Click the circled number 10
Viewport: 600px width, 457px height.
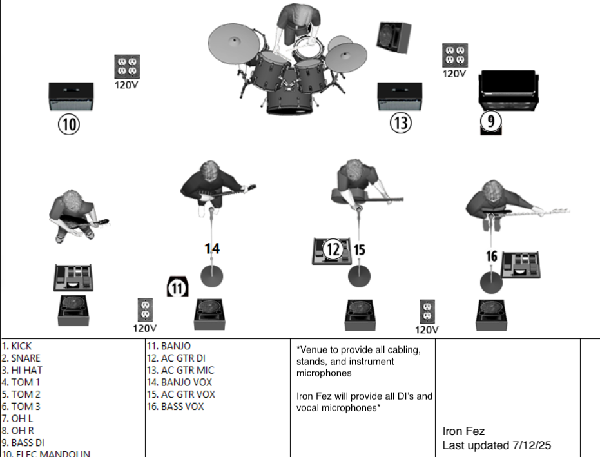point(69,124)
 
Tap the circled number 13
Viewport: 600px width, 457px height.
point(400,123)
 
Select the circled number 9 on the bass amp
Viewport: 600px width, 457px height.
point(491,121)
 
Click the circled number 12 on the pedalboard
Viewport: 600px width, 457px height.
point(333,249)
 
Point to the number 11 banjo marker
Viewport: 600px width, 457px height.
point(177,287)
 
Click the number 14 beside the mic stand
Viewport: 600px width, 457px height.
point(212,248)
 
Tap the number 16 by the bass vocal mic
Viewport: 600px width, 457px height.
point(491,257)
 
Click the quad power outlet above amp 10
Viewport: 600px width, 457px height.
point(127,66)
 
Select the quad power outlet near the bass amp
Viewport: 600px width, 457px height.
point(455,55)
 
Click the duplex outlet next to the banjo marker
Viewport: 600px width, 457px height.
point(145,309)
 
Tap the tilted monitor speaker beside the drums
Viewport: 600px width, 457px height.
point(394,37)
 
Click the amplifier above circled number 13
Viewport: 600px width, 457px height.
point(400,96)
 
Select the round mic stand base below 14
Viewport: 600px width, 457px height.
point(212,276)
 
